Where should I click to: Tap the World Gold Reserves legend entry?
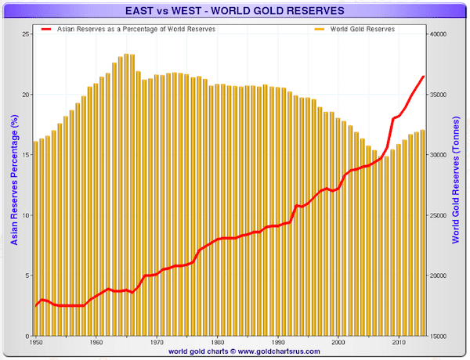click(x=356, y=28)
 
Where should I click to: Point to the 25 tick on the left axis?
click(x=26, y=34)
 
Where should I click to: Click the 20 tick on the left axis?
click(x=26, y=95)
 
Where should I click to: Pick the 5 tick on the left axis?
click(x=27, y=275)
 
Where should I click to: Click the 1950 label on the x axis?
click(x=35, y=344)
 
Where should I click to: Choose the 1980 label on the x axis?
click(x=217, y=344)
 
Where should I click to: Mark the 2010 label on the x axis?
click(x=399, y=344)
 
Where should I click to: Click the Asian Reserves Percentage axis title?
click(x=13, y=185)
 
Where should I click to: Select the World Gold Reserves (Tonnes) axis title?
click(x=457, y=185)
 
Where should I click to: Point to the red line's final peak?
click(x=424, y=76)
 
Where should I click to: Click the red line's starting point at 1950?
click(x=36, y=305)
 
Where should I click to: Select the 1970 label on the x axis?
click(x=157, y=344)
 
